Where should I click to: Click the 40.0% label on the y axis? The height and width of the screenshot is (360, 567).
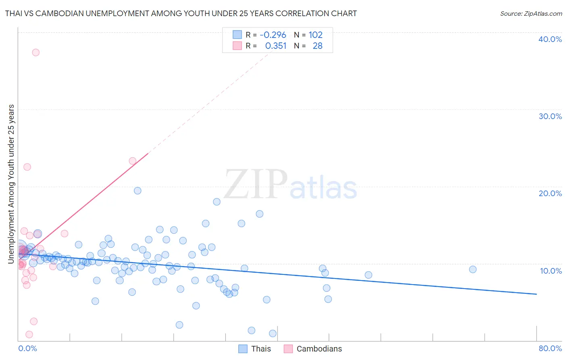point(550,39)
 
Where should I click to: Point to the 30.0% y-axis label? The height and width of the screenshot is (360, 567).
point(550,116)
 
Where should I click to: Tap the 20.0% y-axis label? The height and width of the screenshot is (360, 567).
point(550,193)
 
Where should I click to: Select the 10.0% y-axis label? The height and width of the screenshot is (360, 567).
point(550,271)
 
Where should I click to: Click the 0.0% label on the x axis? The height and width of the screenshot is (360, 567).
point(27,348)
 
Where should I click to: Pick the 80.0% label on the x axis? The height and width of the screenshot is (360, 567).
point(550,348)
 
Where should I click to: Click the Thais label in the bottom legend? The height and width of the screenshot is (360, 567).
point(261,349)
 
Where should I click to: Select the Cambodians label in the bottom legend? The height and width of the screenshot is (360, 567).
point(319,349)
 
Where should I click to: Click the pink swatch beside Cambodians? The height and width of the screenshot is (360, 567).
point(288,349)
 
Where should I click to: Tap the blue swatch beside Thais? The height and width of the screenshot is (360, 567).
point(243,349)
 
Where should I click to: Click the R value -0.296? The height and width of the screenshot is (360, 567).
point(273,35)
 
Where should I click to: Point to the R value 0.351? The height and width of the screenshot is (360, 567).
point(275,46)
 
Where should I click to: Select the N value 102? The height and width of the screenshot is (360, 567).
point(315,35)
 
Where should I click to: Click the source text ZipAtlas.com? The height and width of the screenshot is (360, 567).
point(531,13)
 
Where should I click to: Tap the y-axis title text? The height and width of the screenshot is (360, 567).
point(11,184)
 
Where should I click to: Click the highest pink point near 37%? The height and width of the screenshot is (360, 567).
point(35,52)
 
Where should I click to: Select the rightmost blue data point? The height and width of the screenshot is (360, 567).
point(473,269)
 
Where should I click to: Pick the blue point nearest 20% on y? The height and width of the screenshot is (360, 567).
point(138,190)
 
